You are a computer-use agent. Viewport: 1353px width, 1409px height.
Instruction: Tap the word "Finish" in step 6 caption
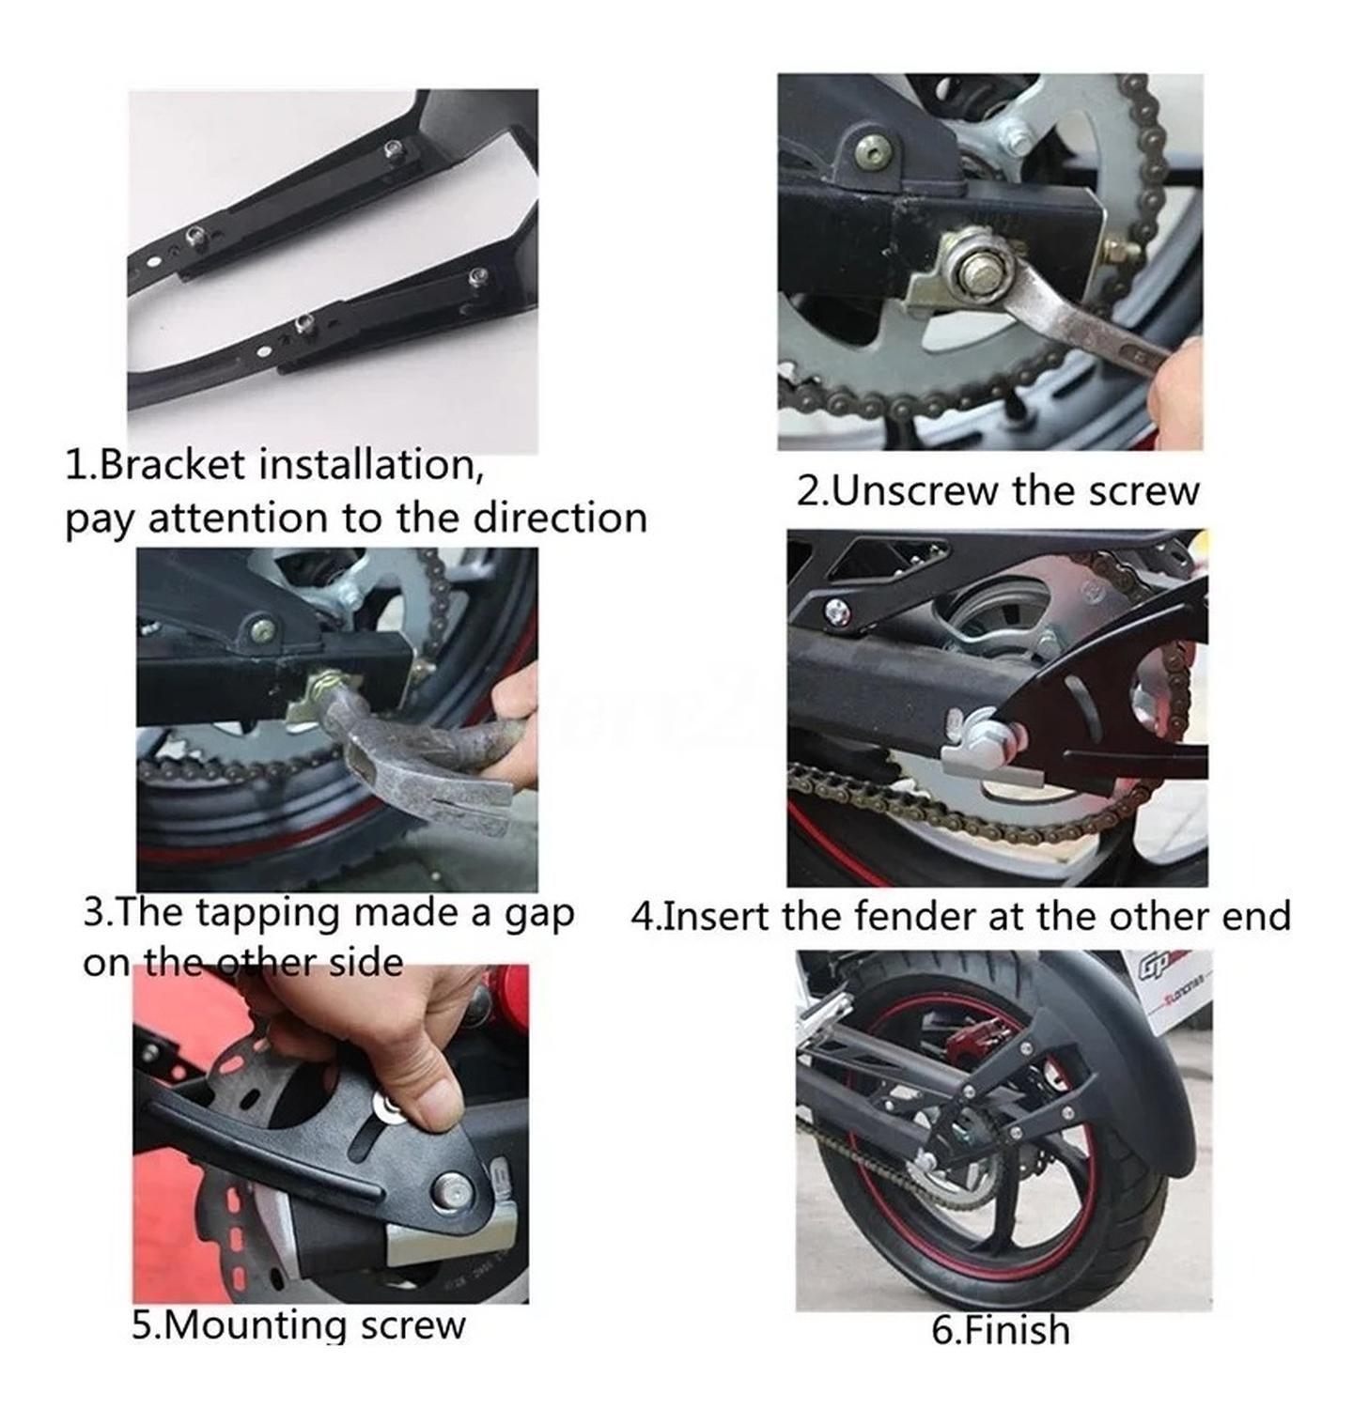tap(1016, 1331)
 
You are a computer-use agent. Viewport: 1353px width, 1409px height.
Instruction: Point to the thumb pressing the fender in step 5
tap(428, 1099)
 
